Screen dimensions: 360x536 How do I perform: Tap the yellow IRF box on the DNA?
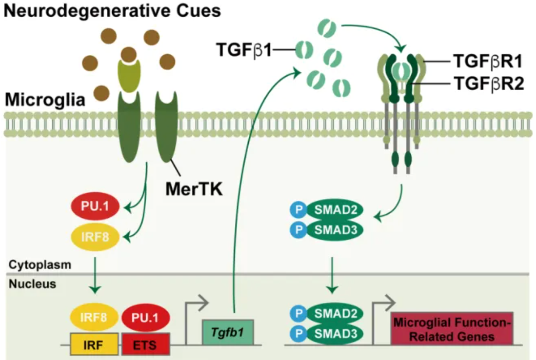pos(95,343)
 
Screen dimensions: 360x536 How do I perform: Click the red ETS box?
pos(145,343)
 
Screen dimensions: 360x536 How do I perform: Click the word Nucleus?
pos(32,284)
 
